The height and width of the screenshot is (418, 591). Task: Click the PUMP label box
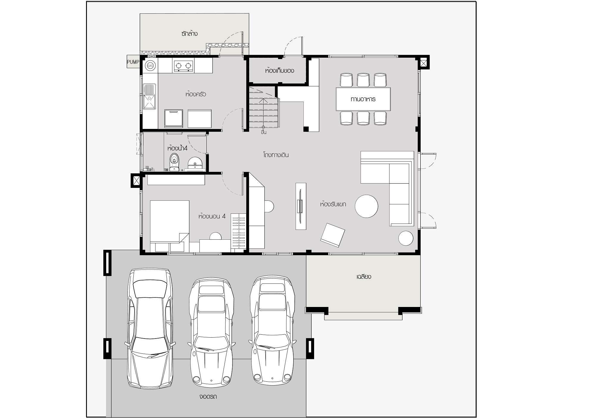133,62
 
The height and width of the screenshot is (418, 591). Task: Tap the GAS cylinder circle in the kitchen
150,65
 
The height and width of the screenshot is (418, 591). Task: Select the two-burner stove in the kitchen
183,66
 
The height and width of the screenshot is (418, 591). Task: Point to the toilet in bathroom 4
174,162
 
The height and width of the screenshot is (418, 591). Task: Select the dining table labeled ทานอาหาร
363,99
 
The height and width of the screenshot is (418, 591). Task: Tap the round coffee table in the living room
367,206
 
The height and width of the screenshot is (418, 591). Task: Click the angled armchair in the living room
333,235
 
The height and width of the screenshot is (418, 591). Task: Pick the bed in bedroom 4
169,226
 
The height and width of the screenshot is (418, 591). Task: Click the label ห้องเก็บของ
280,71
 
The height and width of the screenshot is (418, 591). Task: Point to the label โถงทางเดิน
276,155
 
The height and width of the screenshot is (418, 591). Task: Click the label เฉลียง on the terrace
364,277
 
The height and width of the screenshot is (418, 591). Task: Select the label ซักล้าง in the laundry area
189,34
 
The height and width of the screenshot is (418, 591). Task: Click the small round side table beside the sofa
406,238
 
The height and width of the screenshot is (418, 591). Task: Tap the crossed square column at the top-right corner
423,63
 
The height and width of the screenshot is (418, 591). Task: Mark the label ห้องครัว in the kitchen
196,94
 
